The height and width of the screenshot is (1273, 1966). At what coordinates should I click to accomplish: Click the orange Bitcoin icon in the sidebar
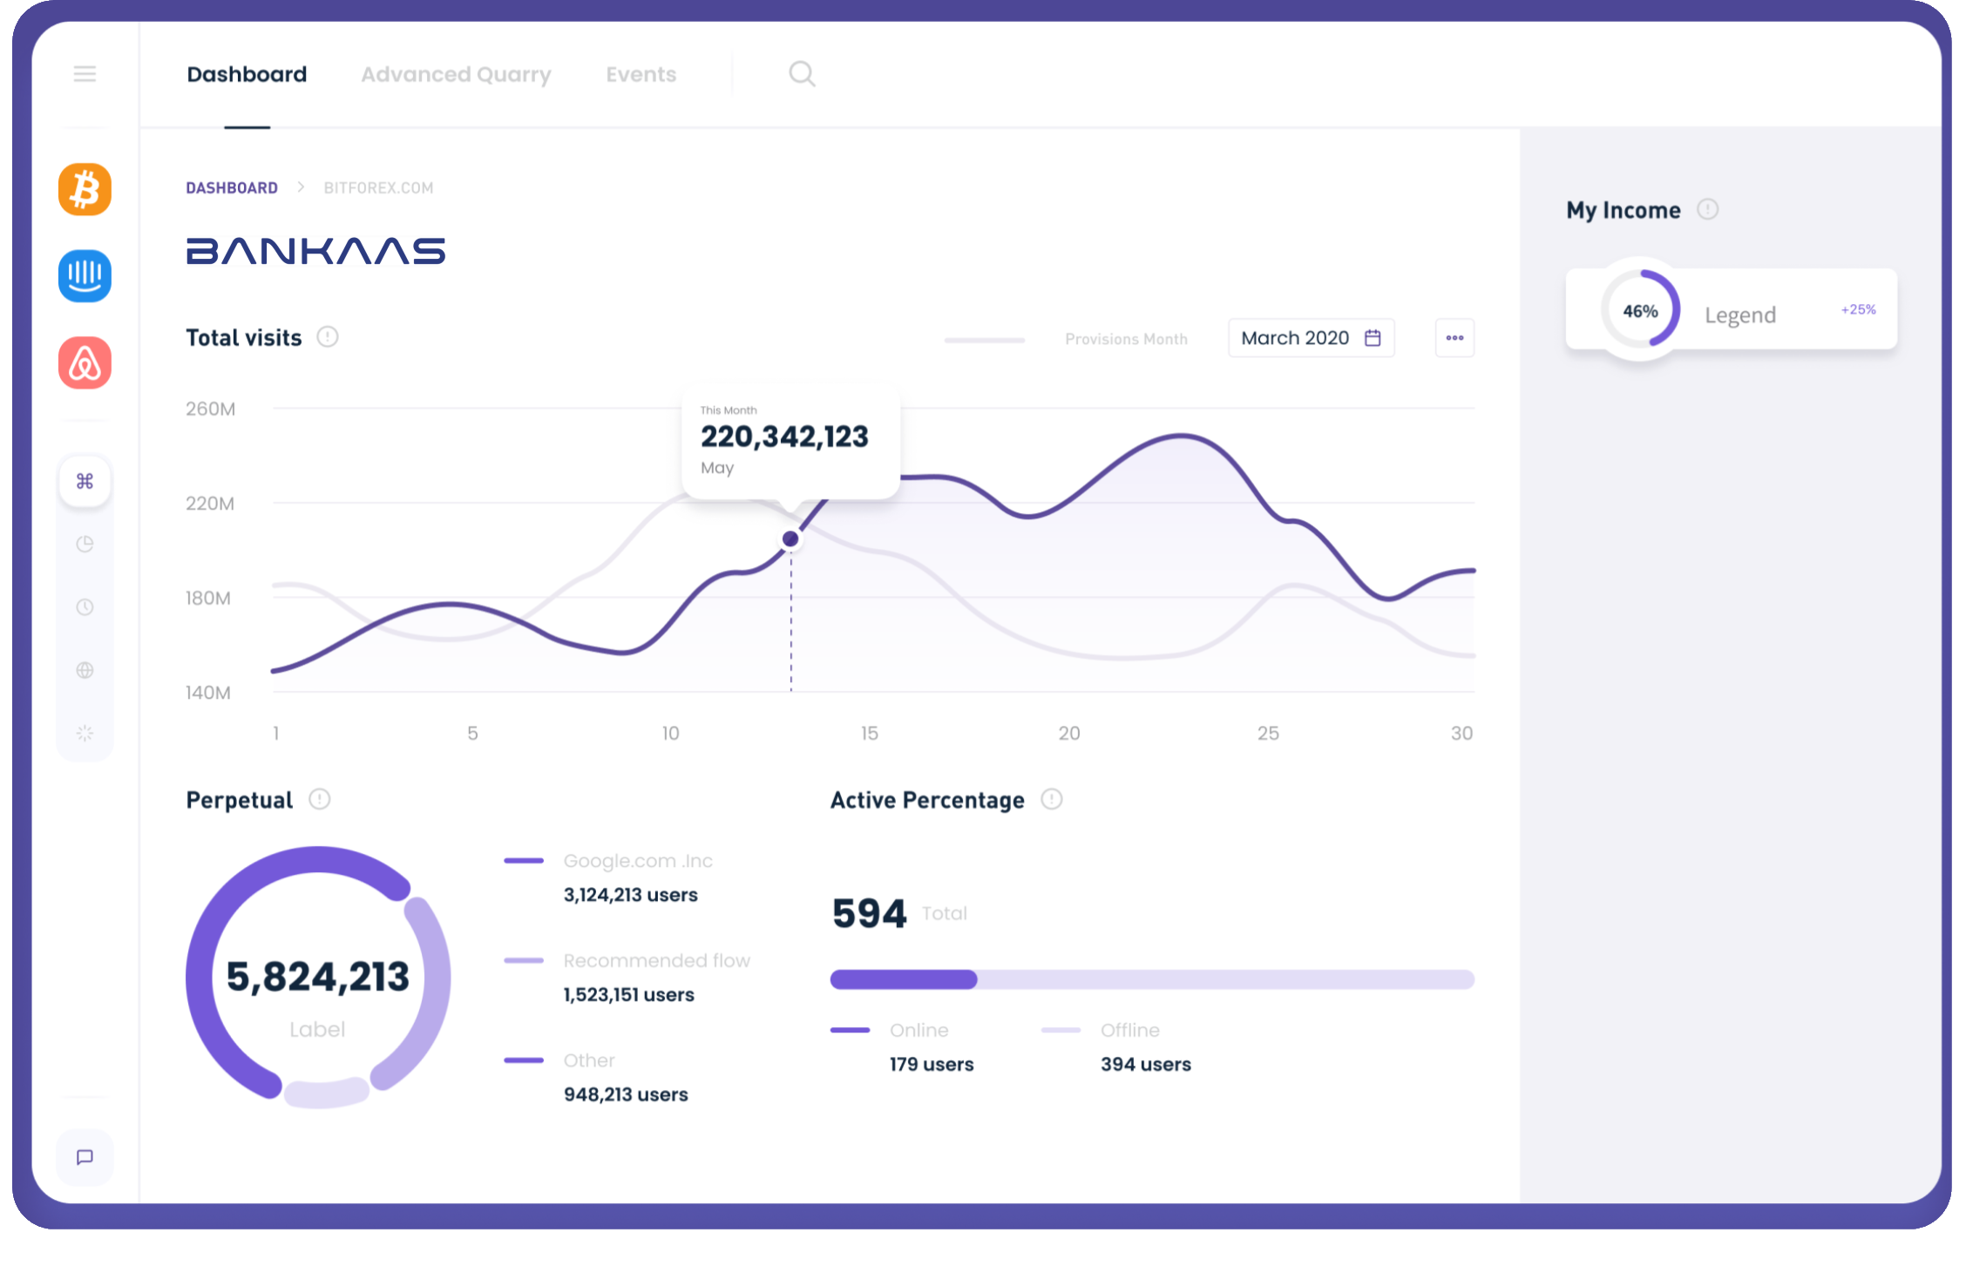coord(85,189)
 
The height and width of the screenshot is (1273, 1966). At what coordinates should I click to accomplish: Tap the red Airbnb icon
coord(85,362)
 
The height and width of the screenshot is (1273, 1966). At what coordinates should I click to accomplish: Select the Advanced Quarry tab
coord(456,75)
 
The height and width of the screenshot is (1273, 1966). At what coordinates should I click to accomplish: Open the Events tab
coord(641,75)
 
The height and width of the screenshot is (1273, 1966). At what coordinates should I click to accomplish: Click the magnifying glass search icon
coord(802,74)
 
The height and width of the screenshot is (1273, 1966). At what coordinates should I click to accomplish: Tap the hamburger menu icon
coord(85,74)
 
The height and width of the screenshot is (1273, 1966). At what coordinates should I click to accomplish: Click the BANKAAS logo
coord(315,251)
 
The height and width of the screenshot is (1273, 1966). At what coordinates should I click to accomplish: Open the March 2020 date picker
coord(1311,338)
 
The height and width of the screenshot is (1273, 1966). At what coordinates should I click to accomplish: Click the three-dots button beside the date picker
coord(1454,338)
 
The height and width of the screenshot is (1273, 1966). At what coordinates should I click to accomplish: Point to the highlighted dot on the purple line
coord(790,539)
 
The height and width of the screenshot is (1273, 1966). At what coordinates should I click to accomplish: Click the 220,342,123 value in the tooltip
coord(784,437)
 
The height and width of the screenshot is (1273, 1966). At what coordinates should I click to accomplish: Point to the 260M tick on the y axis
coord(210,409)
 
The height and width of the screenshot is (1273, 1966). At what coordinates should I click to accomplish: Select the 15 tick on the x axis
coord(869,734)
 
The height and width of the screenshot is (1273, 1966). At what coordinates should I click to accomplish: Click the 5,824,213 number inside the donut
coord(317,977)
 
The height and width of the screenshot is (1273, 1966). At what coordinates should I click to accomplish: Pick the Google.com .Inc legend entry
coord(637,861)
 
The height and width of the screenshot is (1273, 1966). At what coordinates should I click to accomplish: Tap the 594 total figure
coord(869,913)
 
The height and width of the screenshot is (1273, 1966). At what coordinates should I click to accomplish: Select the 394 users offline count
coord(1145,1064)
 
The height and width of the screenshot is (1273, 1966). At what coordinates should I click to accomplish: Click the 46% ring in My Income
coord(1640,311)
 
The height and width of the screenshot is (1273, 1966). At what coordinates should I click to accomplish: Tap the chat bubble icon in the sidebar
coord(85,1157)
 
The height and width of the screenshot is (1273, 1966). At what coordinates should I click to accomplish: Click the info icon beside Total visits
coord(328,337)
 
